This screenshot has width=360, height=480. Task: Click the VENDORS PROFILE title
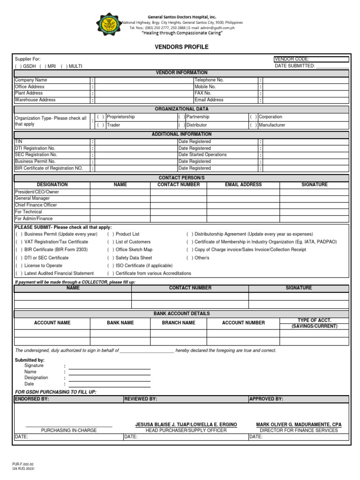pos(181,47)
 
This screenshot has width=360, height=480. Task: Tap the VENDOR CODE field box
pos(311,59)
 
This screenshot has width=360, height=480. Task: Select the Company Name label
pos(31,80)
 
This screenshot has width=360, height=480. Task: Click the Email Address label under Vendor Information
pos(209,100)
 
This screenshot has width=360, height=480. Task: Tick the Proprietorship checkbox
pos(101,117)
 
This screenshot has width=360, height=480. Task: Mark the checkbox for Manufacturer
pos(253,125)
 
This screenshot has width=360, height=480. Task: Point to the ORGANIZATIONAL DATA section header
pos(181,109)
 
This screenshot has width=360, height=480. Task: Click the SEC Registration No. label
pos(36,155)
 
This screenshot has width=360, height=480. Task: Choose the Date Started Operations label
pos(202,155)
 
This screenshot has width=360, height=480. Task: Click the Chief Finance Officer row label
pos(36,205)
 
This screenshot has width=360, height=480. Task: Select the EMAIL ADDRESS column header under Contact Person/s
pos(243,185)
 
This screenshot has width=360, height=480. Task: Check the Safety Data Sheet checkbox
pos(110,258)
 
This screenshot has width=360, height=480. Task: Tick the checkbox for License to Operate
pos(19,266)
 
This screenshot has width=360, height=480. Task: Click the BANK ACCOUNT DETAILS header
pos(181,313)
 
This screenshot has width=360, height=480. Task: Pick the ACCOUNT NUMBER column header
pos(243,322)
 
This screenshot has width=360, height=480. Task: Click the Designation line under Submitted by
pos(109,378)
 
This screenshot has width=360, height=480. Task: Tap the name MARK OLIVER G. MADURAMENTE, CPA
pos(299,425)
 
